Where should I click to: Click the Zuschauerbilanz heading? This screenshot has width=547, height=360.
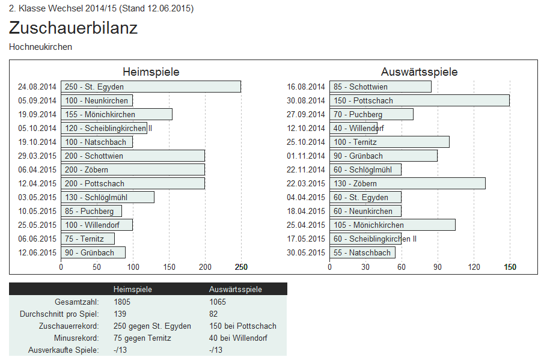(73, 28)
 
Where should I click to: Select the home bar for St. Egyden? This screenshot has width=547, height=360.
(150, 87)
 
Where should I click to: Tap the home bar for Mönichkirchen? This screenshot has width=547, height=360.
(116, 114)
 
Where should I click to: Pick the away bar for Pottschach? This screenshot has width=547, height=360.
(419, 100)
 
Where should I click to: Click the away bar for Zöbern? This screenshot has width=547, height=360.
(407, 183)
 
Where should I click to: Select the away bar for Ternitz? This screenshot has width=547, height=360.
(389, 142)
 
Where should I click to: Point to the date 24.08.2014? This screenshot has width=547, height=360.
(37, 87)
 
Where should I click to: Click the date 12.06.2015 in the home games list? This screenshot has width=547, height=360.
(37, 252)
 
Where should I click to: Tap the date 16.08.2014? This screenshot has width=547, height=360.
(306, 87)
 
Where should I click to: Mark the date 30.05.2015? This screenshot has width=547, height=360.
(306, 252)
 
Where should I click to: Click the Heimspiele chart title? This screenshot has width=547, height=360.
(151, 72)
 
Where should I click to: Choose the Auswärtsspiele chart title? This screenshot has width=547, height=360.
(420, 72)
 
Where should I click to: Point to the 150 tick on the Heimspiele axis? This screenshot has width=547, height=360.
(169, 267)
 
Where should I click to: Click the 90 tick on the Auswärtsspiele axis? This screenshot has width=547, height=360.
(438, 267)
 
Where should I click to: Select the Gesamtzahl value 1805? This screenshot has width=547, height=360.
(122, 302)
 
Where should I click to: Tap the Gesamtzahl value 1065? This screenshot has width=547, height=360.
(218, 302)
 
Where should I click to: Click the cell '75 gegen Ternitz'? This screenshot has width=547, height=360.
(142, 338)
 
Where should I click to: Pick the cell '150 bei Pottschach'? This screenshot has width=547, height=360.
(243, 326)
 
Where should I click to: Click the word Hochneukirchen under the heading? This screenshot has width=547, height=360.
(41, 46)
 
